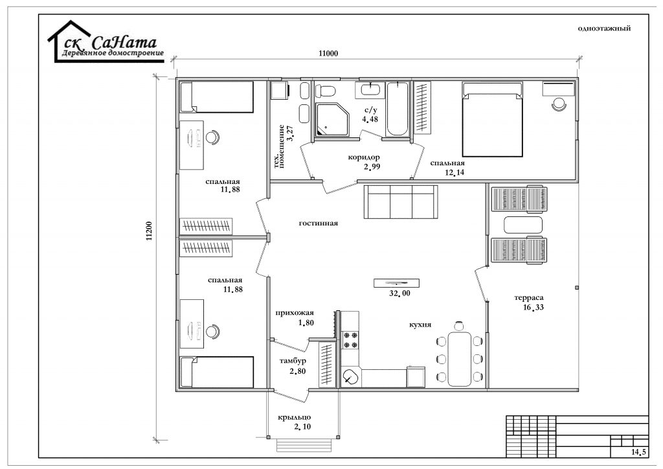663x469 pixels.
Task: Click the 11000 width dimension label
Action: tap(328, 53)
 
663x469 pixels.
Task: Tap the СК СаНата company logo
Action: tap(106, 42)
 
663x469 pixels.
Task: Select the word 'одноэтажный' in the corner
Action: tap(604, 29)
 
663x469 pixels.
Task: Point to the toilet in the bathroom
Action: tap(326, 91)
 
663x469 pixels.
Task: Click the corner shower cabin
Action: tap(332, 119)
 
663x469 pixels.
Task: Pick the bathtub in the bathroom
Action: tap(398, 109)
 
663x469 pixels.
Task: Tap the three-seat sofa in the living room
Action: tap(401, 201)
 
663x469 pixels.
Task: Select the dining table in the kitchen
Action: tap(460, 359)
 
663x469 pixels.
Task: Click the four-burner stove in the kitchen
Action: tap(350, 340)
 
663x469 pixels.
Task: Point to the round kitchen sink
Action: tap(350, 377)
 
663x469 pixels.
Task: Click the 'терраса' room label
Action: tap(529, 298)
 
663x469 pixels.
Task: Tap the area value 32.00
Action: tap(399, 293)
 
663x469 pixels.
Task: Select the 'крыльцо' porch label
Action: tap(295, 418)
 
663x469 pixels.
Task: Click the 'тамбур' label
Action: tap(293, 361)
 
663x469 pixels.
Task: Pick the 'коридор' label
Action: tap(364, 157)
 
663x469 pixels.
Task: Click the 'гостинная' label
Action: tap(319, 223)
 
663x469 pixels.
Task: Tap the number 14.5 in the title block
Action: tap(639, 452)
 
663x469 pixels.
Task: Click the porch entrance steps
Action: tap(303, 445)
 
